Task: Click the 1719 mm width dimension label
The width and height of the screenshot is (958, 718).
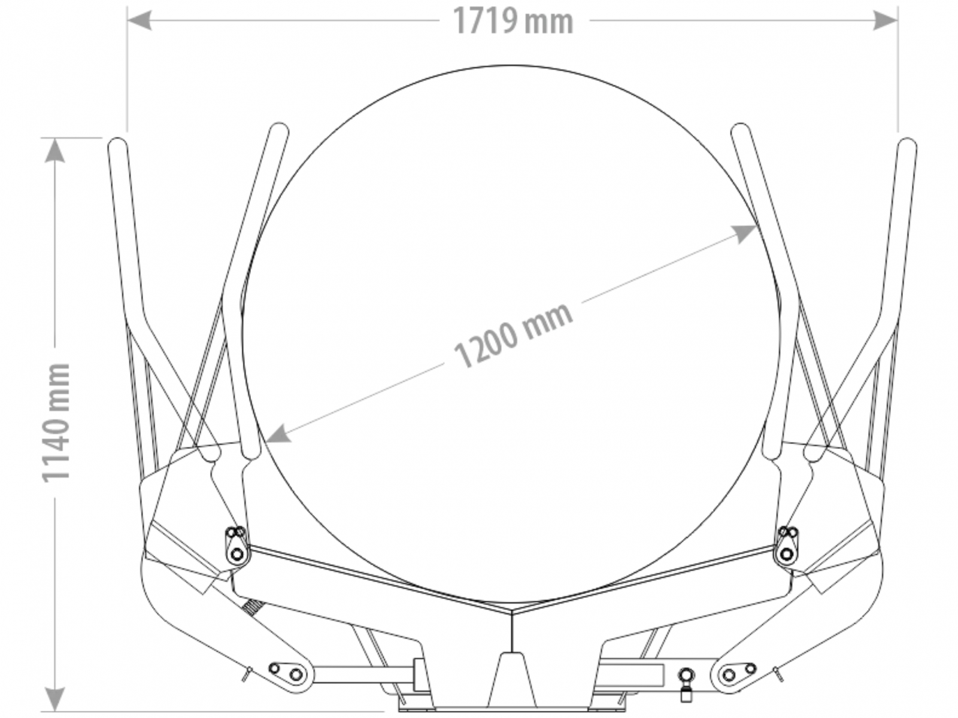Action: (513, 20)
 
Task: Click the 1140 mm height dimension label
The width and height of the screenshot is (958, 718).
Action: (56, 422)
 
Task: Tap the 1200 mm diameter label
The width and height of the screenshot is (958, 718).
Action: (513, 334)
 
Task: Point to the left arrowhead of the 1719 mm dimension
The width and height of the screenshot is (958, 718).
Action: (140, 20)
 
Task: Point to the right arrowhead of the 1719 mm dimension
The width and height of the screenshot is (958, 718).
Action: (886, 20)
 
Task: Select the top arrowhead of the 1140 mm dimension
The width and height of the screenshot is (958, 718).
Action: (55, 150)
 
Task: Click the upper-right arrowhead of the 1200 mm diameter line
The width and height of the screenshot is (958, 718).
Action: (743, 233)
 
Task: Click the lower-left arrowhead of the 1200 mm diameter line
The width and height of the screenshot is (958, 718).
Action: (278, 434)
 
